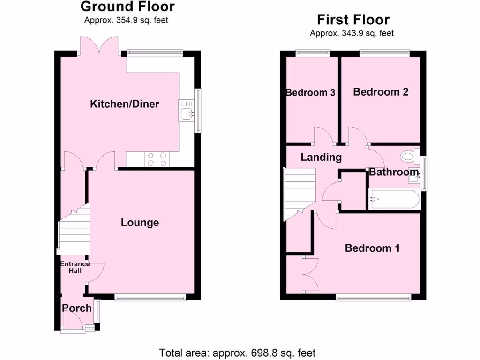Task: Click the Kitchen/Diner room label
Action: click(125, 104)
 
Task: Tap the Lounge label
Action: click(140, 223)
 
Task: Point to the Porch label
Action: click(77, 308)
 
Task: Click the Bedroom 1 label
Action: click(372, 248)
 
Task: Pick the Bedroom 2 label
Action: click(381, 92)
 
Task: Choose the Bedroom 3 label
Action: click(311, 92)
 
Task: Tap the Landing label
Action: click(321, 157)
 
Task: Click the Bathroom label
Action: click(394, 172)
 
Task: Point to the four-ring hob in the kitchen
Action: click(157, 159)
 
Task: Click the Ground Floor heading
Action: click(127, 7)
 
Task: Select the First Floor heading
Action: click(353, 20)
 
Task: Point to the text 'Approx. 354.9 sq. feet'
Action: click(126, 20)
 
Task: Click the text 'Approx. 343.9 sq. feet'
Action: click(352, 33)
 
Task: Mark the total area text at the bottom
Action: click(237, 352)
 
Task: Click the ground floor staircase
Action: click(74, 230)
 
